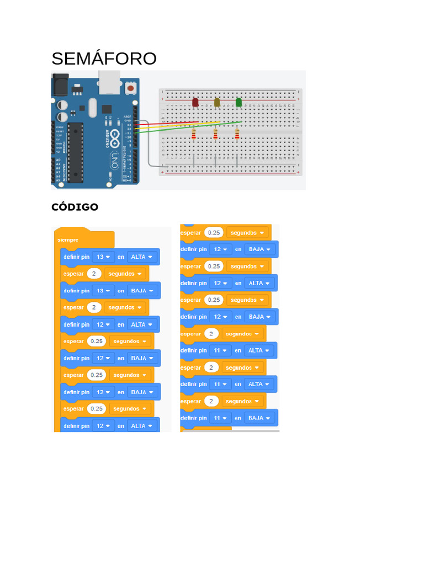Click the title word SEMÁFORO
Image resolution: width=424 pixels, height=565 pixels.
coord(104,58)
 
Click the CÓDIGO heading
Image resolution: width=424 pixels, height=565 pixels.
coord(75,207)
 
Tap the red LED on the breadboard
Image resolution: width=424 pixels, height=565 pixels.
coord(195,103)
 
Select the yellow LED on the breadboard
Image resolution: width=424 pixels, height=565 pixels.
coord(217,102)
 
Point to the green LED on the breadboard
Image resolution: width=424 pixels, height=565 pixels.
coord(239,102)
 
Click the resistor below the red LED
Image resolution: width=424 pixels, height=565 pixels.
coord(194,135)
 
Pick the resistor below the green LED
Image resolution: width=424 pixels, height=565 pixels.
coord(237,135)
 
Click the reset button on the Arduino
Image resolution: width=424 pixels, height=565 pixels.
coord(130,87)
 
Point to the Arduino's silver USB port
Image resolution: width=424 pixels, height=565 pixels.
coord(110,81)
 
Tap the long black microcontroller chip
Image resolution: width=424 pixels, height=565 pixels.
coord(76,152)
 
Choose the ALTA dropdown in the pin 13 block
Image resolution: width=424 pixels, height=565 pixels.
coord(141,257)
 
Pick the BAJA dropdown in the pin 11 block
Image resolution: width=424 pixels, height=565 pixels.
coord(259,418)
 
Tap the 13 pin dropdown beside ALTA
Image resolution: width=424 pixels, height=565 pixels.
coord(103,257)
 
